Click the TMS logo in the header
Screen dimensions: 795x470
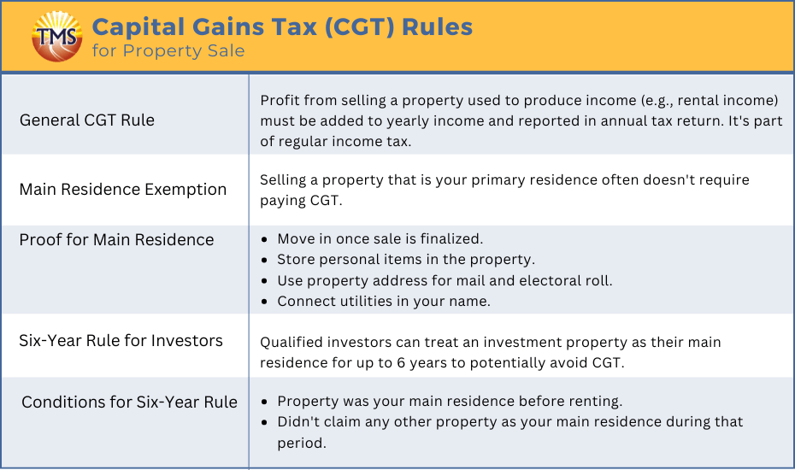click(x=56, y=37)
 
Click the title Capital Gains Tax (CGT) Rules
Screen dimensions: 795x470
click(x=282, y=26)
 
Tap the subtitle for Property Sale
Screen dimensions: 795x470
click(x=168, y=50)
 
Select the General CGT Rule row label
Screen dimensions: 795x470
click(x=86, y=120)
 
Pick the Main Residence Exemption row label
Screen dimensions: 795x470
click(x=123, y=189)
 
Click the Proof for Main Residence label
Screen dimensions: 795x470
click(x=116, y=239)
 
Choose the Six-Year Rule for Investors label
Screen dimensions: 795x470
click(x=121, y=341)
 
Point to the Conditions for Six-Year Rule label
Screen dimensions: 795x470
click(x=129, y=402)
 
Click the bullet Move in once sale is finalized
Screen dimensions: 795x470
click(x=380, y=238)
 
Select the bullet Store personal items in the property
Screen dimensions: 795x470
click(x=406, y=260)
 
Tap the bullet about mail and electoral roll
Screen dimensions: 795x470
click(x=445, y=280)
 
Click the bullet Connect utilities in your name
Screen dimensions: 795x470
click(x=384, y=301)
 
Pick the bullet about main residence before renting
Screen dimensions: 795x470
click(x=450, y=402)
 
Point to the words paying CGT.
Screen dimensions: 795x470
click(x=301, y=200)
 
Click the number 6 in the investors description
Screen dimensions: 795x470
click(x=401, y=363)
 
